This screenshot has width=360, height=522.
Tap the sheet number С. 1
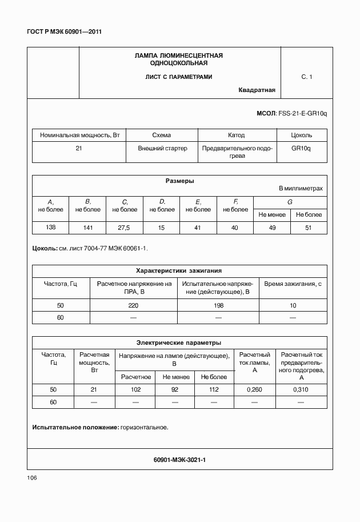[307, 76]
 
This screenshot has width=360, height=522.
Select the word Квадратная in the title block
[257, 90]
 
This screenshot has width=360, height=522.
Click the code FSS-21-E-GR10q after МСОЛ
[302, 113]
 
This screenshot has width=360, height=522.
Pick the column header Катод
[236, 136]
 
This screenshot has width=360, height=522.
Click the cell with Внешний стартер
[162, 148]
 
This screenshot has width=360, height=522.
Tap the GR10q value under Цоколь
[301, 148]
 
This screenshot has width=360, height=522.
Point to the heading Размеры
[179, 181]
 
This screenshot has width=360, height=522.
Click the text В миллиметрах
[301, 188]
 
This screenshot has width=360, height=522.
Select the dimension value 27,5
[124, 228]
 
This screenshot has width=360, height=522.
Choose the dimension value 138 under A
[50, 228]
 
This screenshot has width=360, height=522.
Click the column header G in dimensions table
[290, 202]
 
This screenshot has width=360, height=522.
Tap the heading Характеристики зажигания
[179, 270]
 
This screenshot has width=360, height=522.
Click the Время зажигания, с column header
[293, 283]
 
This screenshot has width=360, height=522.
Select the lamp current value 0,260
[254, 389]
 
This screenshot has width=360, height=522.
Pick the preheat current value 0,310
[301, 389]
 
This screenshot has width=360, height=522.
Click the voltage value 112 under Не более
[214, 389]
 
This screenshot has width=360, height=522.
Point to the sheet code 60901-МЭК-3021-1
[179, 459]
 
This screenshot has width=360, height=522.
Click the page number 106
[32, 478]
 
